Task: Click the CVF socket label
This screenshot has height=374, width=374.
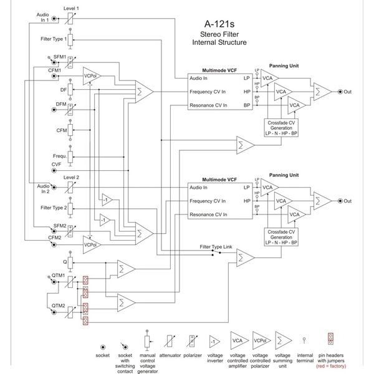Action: click(56, 164)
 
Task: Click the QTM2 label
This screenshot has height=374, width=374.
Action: click(59, 306)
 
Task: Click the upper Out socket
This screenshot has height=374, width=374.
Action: click(339, 92)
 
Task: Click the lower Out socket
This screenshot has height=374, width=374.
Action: click(339, 201)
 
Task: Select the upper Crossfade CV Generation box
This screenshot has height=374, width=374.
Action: click(281, 128)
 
